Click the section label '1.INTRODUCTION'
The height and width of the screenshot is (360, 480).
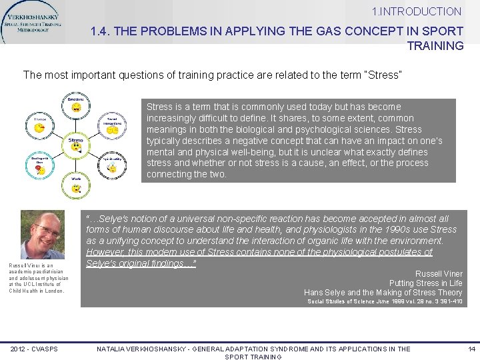click(417, 11)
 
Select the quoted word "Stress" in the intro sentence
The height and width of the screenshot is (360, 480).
click(381, 75)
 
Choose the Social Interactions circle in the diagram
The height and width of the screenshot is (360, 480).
click(112, 127)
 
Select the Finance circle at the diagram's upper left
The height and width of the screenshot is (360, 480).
click(39, 125)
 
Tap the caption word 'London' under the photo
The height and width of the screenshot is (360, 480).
click(55, 291)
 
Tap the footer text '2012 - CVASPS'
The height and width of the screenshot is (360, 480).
click(34, 349)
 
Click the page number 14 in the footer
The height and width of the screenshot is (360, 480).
click(471, 349)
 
